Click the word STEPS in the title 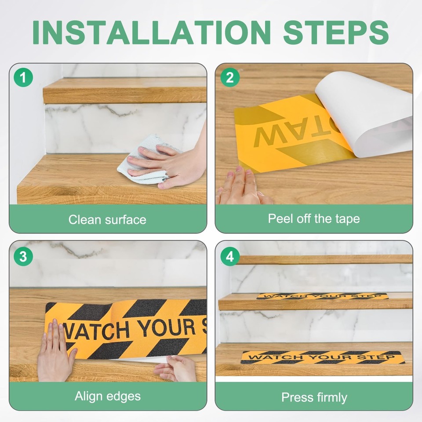(336, 32)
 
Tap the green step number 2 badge (229, 78)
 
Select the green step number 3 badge (23, 256)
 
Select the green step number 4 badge (229, 256)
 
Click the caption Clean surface (107, 219)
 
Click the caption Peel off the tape (314, 218)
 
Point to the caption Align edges (108, 396)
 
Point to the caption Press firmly (314, 397)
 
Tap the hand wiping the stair (176, 163)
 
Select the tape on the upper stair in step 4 (322, 296)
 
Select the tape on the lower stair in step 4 (322, 357)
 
